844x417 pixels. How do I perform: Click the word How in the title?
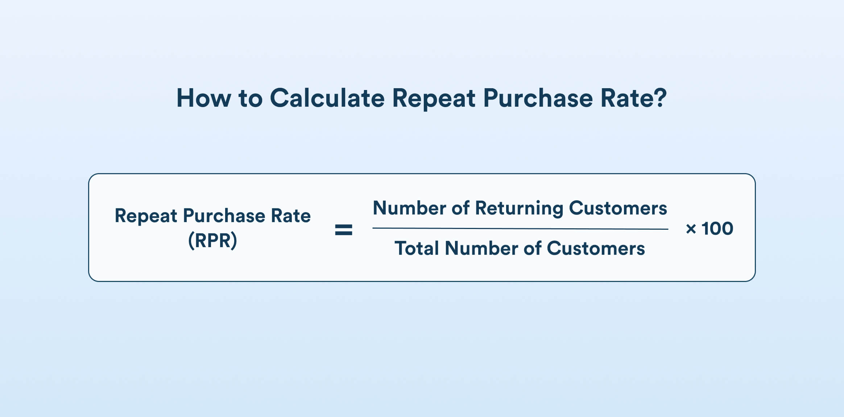[x=203, y=98]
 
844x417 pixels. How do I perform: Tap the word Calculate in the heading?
[x=327, y=98]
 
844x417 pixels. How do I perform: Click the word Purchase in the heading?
[x=538, y=98]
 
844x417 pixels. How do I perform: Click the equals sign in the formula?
[x=343, y=230]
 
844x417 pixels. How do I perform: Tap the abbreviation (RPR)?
[x=212, y=240]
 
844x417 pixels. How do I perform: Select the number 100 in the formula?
[x=717, y=229]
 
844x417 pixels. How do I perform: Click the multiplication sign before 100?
[x=691, y=229]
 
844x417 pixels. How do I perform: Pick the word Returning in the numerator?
[x=519, y=209]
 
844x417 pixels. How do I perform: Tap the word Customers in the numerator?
[x=618, y=208]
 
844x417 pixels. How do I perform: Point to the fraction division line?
[x=520, y=229]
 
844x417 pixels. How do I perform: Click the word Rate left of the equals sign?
[x=291, y=216]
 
